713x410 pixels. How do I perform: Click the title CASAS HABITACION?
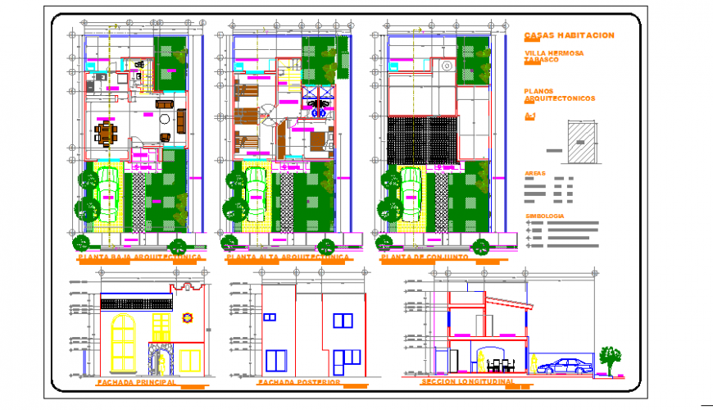(x=568, y=35)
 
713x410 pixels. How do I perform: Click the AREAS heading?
(x=534, y=174)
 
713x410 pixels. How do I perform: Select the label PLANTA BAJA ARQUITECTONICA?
(x=139, y=257)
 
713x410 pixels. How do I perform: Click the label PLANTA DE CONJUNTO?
(x=429, y=257)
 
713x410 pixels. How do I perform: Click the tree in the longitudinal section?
(x=609, y=357)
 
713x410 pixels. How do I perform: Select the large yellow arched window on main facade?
(x=123, y=343)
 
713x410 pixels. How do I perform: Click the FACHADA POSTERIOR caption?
(x=298, y=382)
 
